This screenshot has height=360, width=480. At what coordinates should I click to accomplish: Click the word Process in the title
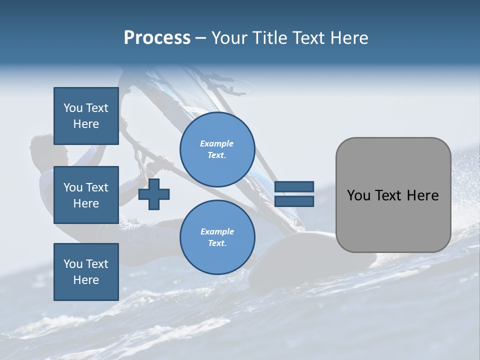pos(157,38)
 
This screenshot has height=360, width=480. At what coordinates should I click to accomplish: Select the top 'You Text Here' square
pos(86,116)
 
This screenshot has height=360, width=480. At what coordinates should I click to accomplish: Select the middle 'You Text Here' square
pos(86,195)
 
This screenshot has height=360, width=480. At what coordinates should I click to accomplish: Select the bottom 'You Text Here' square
pos(86,271)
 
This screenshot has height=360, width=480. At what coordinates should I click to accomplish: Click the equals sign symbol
pos(294,194)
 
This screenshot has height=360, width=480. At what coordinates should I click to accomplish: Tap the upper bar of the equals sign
pos(294,187)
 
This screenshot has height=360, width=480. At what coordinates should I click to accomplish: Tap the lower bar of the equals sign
pos(294,201)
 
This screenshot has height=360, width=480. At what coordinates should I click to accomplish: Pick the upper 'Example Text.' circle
pos(217,149)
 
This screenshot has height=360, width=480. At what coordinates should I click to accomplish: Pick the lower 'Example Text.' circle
pos(217,237)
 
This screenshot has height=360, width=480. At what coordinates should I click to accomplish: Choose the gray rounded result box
pos(393,195)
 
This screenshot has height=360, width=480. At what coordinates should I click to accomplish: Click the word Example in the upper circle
pos(217,143)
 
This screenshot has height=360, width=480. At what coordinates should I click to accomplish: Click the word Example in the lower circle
pos(217,231)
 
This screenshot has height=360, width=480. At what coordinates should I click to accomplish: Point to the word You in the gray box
pos(358,195)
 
